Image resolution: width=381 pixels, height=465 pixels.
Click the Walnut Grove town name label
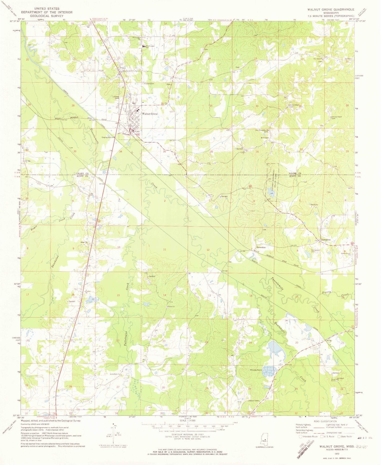150,114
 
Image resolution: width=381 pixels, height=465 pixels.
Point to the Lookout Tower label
253,401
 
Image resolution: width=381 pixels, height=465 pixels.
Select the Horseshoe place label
261,247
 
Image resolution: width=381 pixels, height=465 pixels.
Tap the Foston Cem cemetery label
149,84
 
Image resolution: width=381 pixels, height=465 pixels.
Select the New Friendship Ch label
262,131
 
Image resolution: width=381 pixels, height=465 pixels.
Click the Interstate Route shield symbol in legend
300,437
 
